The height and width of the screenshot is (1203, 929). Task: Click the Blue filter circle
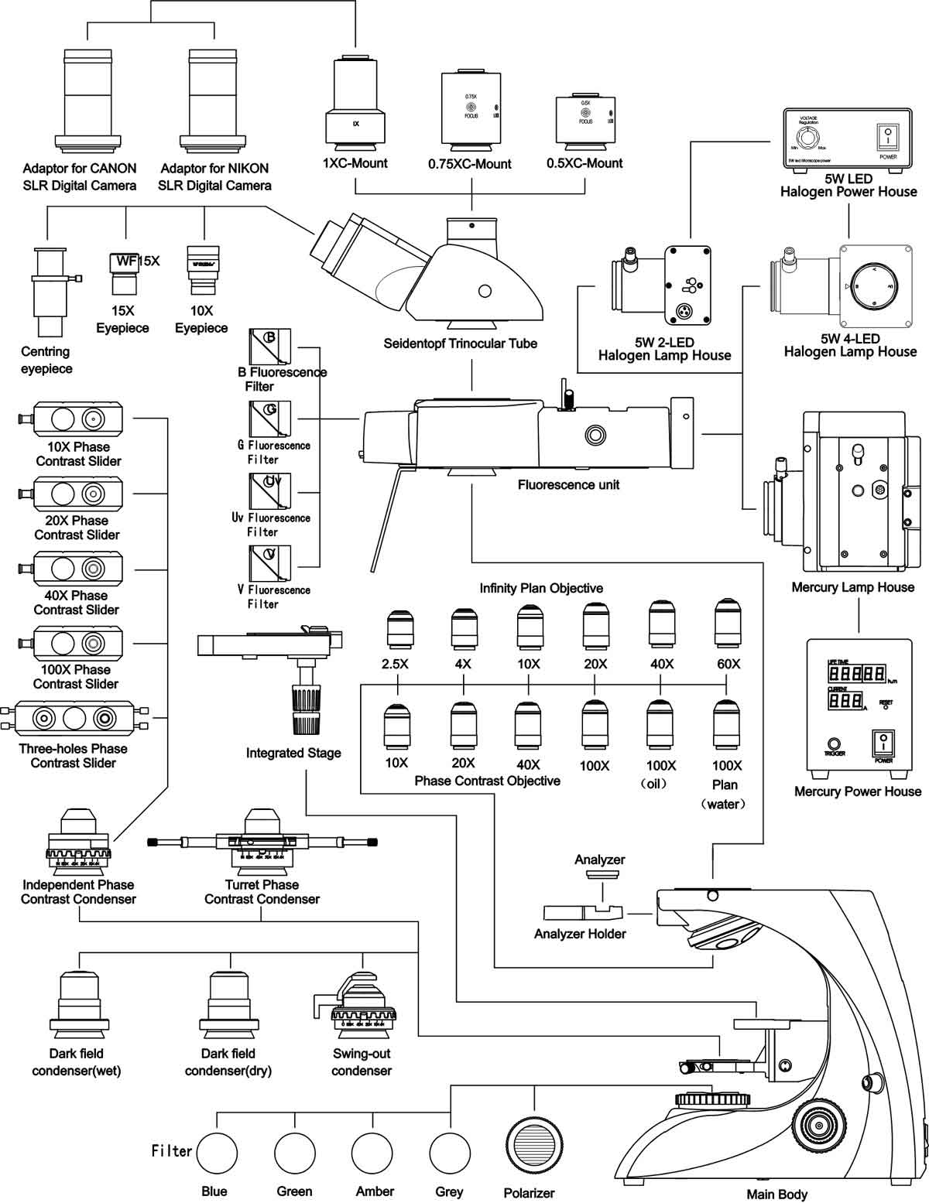[217, 1153]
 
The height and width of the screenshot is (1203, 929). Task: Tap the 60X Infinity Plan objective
[725, 624]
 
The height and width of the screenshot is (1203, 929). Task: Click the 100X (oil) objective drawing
[660, 727]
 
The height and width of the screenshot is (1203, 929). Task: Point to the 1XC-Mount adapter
[355, 102]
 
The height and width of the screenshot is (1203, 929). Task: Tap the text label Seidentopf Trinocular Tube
[460, 343]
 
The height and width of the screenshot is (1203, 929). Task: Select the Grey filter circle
[449, 1153]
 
